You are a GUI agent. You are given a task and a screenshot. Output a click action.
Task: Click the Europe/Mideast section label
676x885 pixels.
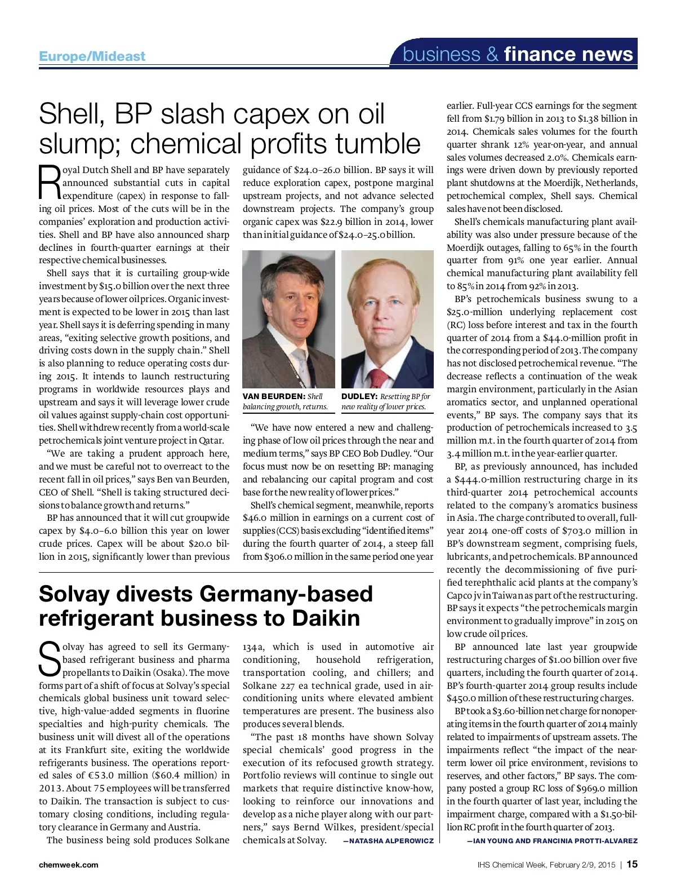tap(92, 56)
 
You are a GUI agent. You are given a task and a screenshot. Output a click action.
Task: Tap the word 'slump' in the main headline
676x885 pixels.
tap(78, 143)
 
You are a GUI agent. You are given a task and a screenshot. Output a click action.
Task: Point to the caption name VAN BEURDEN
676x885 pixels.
tap(273, 397)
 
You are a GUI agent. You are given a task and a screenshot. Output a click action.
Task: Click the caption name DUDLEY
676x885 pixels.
tap(359, 397)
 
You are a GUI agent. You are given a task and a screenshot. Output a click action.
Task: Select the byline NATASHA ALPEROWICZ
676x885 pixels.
tap(388, 840)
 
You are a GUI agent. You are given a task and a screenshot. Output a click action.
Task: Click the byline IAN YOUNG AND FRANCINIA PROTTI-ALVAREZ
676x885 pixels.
tap(552, 840)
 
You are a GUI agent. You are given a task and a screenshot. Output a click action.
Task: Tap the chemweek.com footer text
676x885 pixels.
tap(68, 865)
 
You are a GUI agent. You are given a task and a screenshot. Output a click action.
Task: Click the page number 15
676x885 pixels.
tap(632, 864)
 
